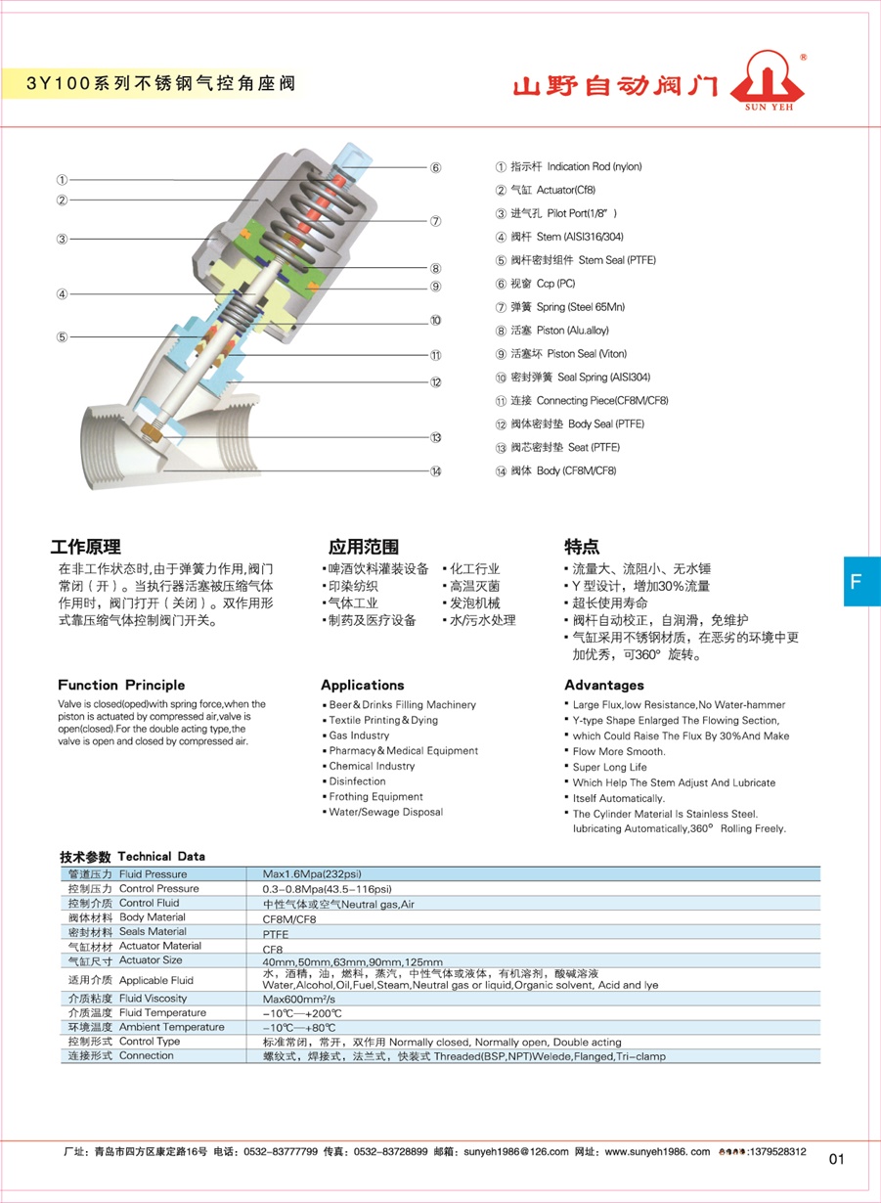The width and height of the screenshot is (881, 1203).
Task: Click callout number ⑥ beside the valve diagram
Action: [435, 167]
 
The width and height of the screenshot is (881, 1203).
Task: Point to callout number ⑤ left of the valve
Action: [62, 336]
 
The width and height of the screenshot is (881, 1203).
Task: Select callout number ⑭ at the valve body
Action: [435, 470]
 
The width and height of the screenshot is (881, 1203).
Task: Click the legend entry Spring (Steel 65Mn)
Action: [560, 307]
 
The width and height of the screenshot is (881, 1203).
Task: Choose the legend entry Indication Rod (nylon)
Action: [569, 167]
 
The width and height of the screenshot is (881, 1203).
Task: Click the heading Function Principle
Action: [121, 685]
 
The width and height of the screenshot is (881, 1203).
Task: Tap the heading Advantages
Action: [604, 685]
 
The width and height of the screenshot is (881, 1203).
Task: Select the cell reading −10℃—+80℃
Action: [300, 1028]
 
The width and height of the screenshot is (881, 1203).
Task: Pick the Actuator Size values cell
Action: [352, 961]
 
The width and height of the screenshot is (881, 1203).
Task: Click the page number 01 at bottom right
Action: [836, 1160]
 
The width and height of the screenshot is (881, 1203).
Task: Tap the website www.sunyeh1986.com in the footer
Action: [657, 1152]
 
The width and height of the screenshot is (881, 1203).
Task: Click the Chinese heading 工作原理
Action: [85, 547]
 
